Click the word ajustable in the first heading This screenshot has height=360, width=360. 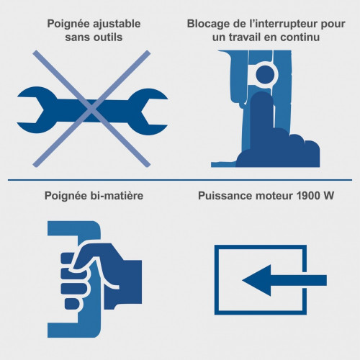[117, 24]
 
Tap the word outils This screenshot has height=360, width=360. [108, 37]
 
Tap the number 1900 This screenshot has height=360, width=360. [307, 196]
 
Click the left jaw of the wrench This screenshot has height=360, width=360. [38, 110]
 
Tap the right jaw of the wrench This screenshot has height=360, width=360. [146, 112]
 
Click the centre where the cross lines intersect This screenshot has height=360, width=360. [91, 109]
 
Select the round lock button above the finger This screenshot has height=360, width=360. [265, 75]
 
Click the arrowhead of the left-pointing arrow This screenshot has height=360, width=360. [257, 280]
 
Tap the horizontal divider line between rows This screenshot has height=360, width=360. [180, 180]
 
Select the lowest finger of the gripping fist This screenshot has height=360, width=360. [72, 304]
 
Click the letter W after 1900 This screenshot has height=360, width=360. [327, 196]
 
